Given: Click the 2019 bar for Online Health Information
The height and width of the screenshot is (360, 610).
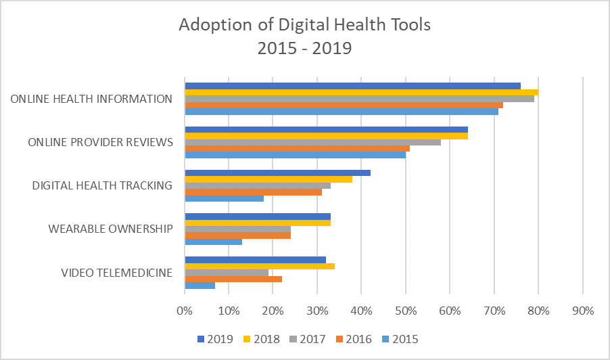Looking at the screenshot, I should tap(352, 86).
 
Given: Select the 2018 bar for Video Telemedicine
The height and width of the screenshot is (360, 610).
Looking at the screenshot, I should tap(259, 266).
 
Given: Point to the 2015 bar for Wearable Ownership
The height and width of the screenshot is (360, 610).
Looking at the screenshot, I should tap(213, 242).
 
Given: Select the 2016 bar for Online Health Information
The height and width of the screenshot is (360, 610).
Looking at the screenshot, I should tap(344, 106).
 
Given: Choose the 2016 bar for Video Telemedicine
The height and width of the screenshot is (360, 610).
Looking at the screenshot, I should tap(233, 279).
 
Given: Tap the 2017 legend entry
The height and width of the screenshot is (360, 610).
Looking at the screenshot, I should tap(310, 339).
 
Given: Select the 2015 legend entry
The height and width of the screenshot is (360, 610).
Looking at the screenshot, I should tap(400, 339).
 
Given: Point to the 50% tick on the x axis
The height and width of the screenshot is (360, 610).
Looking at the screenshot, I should tap(406, 311).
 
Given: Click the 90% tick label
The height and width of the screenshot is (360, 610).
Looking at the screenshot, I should tap(582, 311).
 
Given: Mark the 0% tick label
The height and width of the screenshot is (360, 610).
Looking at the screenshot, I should tap(185, 311).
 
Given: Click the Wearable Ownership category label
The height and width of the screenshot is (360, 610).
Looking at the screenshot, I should tap(110, 229).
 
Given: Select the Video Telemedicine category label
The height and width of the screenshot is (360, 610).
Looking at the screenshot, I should tap(116, 273).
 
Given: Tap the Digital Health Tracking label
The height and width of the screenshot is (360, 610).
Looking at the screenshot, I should tap(102, 185).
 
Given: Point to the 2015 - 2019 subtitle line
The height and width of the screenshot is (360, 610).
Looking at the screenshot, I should tap(304, 49).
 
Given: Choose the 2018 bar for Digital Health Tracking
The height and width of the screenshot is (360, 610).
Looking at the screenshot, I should tap(268, 179).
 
